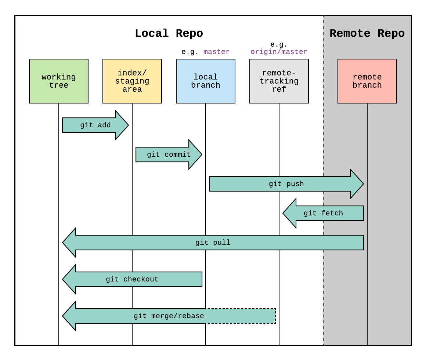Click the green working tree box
click(x=59, y=81)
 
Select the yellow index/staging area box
click(x=132, y=81)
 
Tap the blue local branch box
click(x=206, y=81)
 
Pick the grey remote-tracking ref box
click(x=279, y=81)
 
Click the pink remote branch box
click(x=367, y=81)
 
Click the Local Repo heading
click(x=169, y=33)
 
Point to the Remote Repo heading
click(x=367, y=33)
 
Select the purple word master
click(x=216, y=52)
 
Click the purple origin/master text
click(x=279, y=52)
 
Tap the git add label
click(x=95, y=125)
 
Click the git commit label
click(x=169, y=154)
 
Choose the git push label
click(x=286, y=184)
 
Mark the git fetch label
click(x=323, y=213)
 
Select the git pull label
click(x=213, y=243)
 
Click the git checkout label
click(x=132, y=279)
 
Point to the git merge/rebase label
click(x=169, y=316)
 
